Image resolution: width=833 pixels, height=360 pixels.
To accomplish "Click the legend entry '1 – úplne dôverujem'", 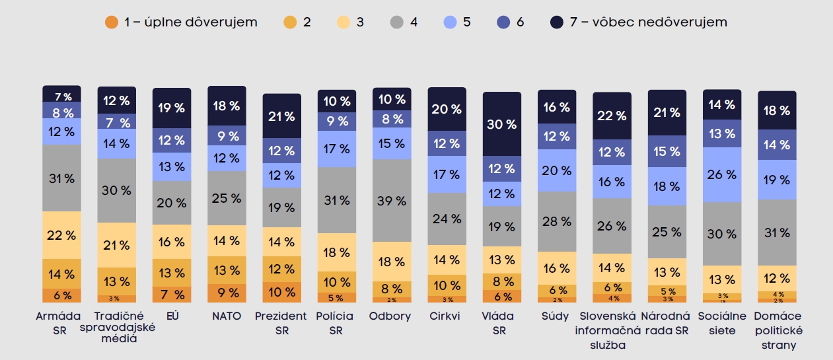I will [181, 22].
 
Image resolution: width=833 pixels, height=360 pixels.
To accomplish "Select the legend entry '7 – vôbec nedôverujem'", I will [639, 22].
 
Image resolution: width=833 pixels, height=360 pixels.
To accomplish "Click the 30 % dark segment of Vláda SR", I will [502, 124].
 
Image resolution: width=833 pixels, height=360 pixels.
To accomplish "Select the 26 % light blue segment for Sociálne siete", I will [722, 174].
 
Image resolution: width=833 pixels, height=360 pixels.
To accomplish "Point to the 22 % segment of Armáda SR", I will [61, 235].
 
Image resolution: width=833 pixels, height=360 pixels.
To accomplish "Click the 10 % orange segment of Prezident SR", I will [282, 292].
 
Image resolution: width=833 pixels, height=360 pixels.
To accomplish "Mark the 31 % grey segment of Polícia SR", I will [337, 199].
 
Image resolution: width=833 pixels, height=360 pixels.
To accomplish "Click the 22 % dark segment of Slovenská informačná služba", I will [612, 116].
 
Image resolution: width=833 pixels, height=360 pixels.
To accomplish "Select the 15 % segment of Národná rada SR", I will [667, 151].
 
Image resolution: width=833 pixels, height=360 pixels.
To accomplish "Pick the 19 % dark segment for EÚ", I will [172, 108].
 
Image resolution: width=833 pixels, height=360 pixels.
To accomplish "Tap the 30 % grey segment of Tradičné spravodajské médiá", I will [116, 190].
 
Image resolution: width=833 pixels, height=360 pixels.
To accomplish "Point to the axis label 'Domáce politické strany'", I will [778, 330].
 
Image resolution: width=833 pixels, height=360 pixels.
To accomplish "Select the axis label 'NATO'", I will [227, 316].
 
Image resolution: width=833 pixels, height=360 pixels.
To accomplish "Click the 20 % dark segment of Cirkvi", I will [447, 110].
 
